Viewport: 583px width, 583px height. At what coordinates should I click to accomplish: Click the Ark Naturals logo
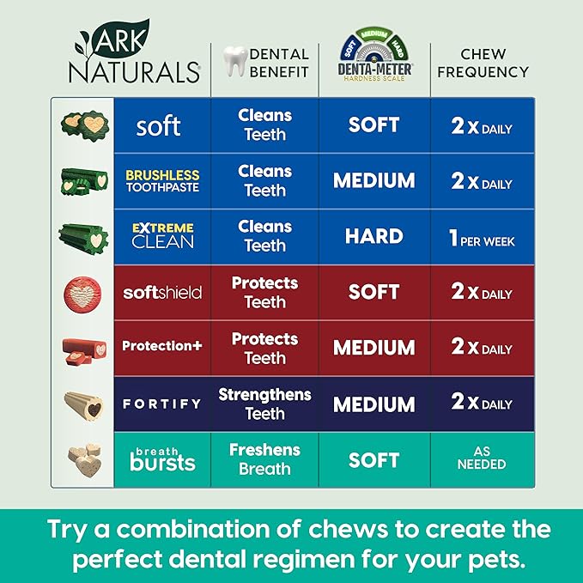pyautogui.click(x=132, y=53)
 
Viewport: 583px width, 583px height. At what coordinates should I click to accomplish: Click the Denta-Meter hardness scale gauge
pyautogui.click(x=373, y=51)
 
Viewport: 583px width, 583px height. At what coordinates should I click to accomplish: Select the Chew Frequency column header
pyautogui.click(x=483, y=63)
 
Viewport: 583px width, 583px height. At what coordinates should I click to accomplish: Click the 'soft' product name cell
pyautogui.click(x=158, y=126)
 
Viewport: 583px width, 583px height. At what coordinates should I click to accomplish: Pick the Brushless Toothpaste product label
pyautogui.click(x=161, y=180)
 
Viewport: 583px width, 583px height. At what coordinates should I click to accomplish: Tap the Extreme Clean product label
pyautogui.click(x=162, y=236)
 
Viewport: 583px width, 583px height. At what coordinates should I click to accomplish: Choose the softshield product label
pyautogui.click(x=162, y=292)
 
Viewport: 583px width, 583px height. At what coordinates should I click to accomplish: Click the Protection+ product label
pyautogui.click(x=162, y=346)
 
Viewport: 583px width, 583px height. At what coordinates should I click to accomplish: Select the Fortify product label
pyautogui.click(x=162, y=404)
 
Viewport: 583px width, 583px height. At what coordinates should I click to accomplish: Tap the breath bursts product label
pyautogui.click(x=162, y=459)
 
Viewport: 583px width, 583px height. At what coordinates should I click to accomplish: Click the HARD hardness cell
pyautogui.click(x=373, y=236)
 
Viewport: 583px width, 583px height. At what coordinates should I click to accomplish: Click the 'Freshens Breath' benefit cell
pyautogui.click(x=264, y=459)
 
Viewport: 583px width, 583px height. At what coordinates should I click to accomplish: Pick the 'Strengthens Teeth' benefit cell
pyautogui.click(x=264, y=404)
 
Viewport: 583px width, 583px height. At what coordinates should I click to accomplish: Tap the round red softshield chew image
pyautogui.click(x=82, y=292)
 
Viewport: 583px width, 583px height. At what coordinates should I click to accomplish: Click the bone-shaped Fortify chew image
pyautogui.click(x=82, y=403)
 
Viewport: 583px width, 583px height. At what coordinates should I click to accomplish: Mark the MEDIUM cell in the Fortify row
pyautogui.click(x=373, y=404)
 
